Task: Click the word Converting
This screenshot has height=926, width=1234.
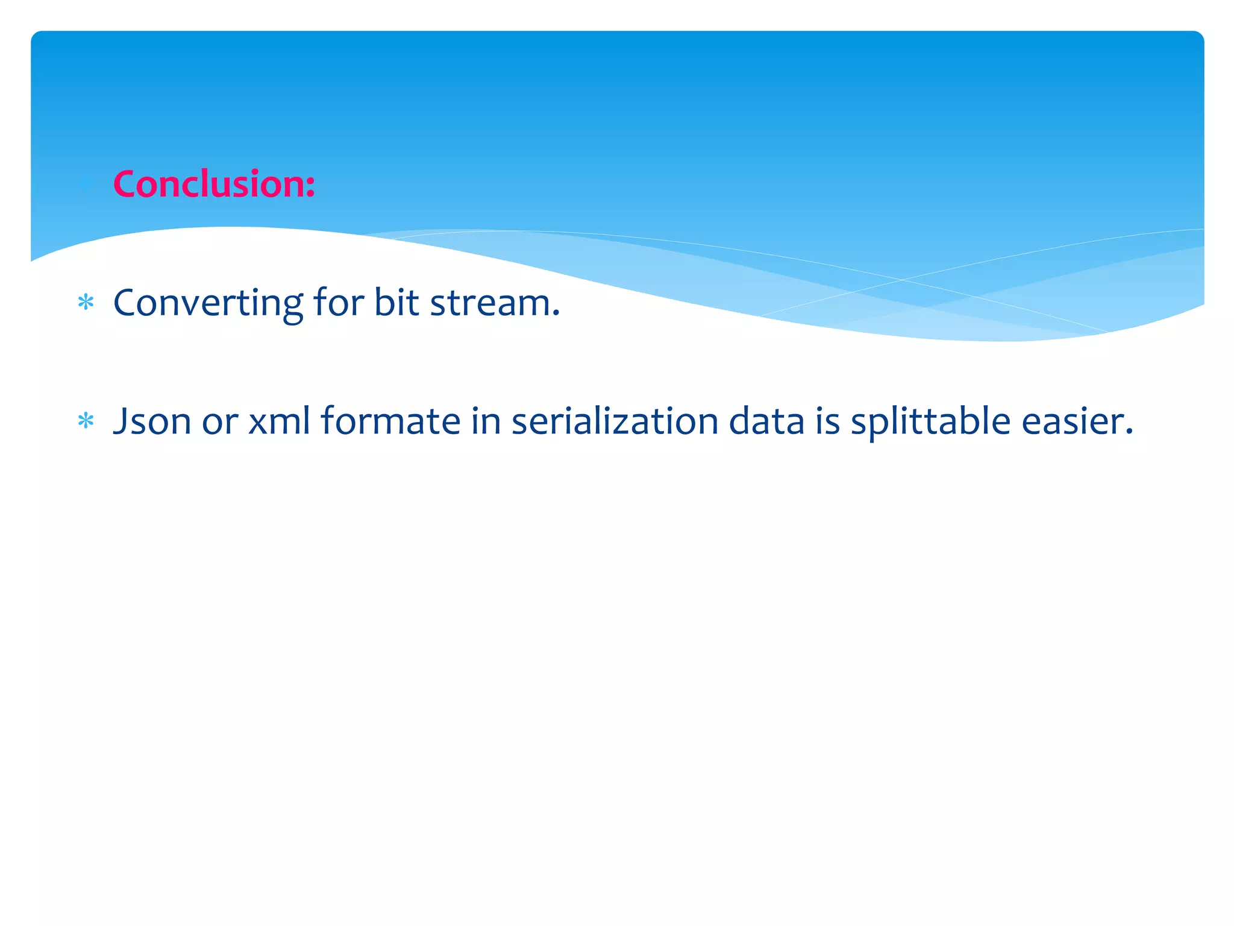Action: click(x=208, y=303)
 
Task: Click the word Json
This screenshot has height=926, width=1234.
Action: click(x=152, y=421)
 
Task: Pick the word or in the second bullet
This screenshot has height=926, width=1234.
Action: click(x=219, y=421)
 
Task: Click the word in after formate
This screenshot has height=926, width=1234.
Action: click(x=486, y=420)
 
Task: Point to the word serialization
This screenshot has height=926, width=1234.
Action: click(x=615, y=420)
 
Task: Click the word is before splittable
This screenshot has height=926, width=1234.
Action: click(x=827, y=420)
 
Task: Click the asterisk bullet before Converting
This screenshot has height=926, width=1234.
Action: click(x=86, y=302)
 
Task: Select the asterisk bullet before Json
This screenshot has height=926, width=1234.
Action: click(x=86, y=421)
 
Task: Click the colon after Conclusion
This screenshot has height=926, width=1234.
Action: click(x=310, y=187)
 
